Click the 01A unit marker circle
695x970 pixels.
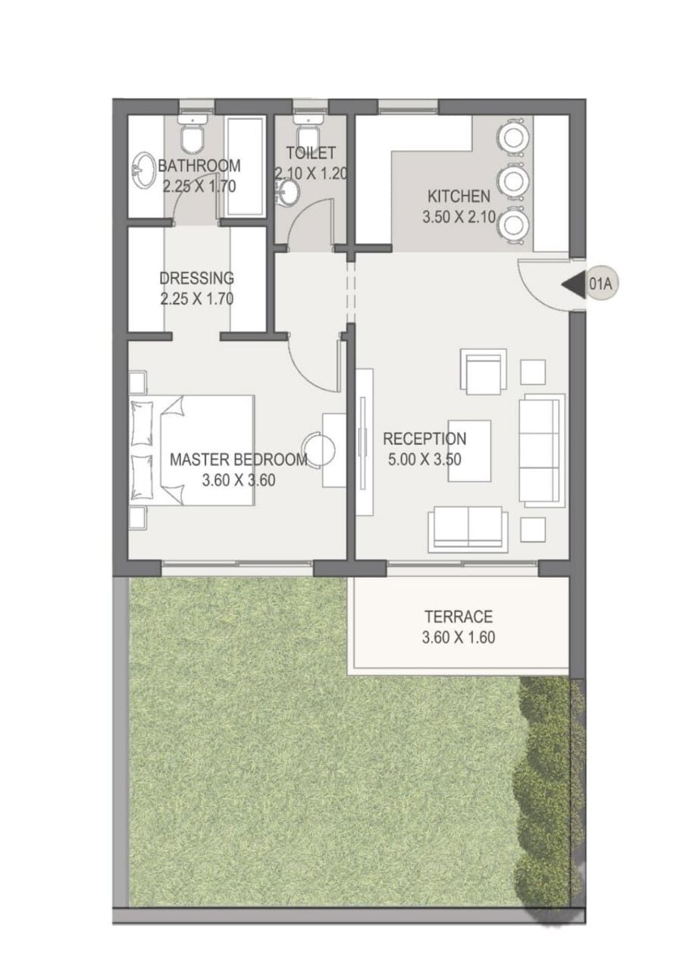tap(602, 284)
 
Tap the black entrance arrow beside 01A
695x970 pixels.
tap(573, 284)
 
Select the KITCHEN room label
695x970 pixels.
tap(459, 196)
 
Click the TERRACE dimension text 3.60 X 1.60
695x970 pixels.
tap(459, 637)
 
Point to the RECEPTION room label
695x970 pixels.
tap(424, 439)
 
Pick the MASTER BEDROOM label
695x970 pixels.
tap(239, 459)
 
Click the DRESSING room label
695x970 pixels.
tap(197, 278)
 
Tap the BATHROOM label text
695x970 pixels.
tap(199, 165)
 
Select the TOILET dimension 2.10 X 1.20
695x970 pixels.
tap(311, 174)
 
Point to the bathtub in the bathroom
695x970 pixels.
tap(245, 166)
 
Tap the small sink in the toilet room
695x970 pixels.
tap(287, 192)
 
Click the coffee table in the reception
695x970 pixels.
tap(470, 450)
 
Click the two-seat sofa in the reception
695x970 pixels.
tap(468, 529)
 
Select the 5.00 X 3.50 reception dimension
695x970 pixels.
tap(424, 459)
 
